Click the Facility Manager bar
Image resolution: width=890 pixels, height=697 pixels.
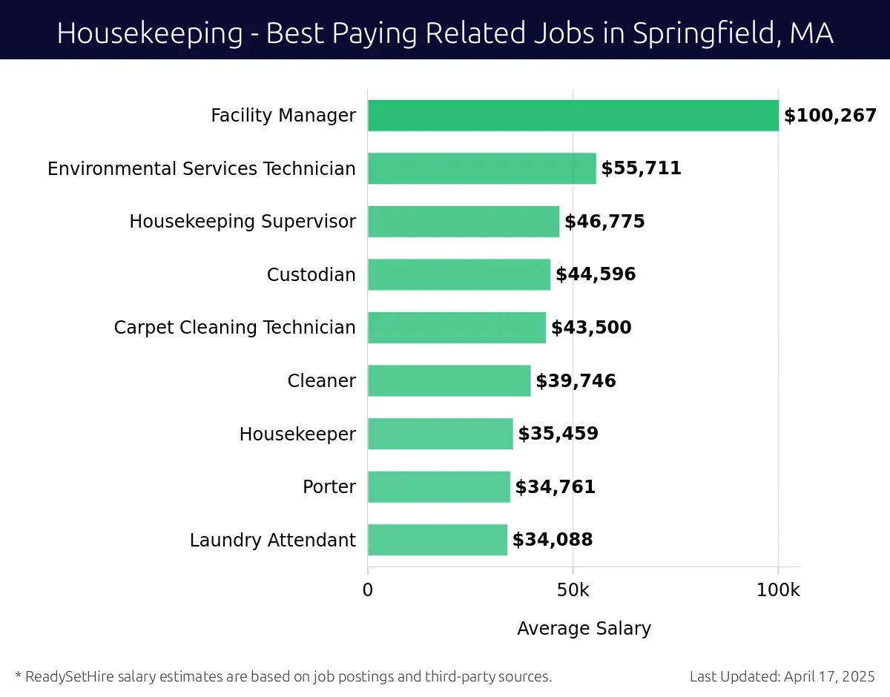[x=573, y=116]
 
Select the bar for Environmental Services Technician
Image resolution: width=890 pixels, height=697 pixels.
[x=481, y=168]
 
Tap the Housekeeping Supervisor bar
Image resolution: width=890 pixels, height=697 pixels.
[x=464, y=222]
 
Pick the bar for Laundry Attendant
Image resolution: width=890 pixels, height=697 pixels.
[x=438, y=540]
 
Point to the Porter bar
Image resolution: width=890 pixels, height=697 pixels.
[x=439, y=487]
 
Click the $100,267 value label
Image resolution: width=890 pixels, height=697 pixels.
[x=830, y=116]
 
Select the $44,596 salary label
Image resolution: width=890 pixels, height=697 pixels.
[x=596, y=275]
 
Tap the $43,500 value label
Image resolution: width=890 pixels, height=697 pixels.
[x=591, y=328]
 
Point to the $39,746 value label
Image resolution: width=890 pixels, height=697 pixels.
[x=576, y=381]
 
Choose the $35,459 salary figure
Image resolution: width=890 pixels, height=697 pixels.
[x=558, y=434]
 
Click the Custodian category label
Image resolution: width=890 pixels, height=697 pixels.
[x=311, y=275]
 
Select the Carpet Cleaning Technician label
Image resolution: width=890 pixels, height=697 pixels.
[x=234, y=328]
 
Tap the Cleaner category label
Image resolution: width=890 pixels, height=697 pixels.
[x=321, y=381]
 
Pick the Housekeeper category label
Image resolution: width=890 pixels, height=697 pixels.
[x=297, y=434]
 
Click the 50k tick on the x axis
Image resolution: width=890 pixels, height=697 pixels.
[x=573, y=591]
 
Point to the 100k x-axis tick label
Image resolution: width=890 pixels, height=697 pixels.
[x=778, y=591]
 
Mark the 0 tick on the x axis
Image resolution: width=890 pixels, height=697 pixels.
[x=368, y=591]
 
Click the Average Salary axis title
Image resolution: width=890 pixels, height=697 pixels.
[x=584, y=629]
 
